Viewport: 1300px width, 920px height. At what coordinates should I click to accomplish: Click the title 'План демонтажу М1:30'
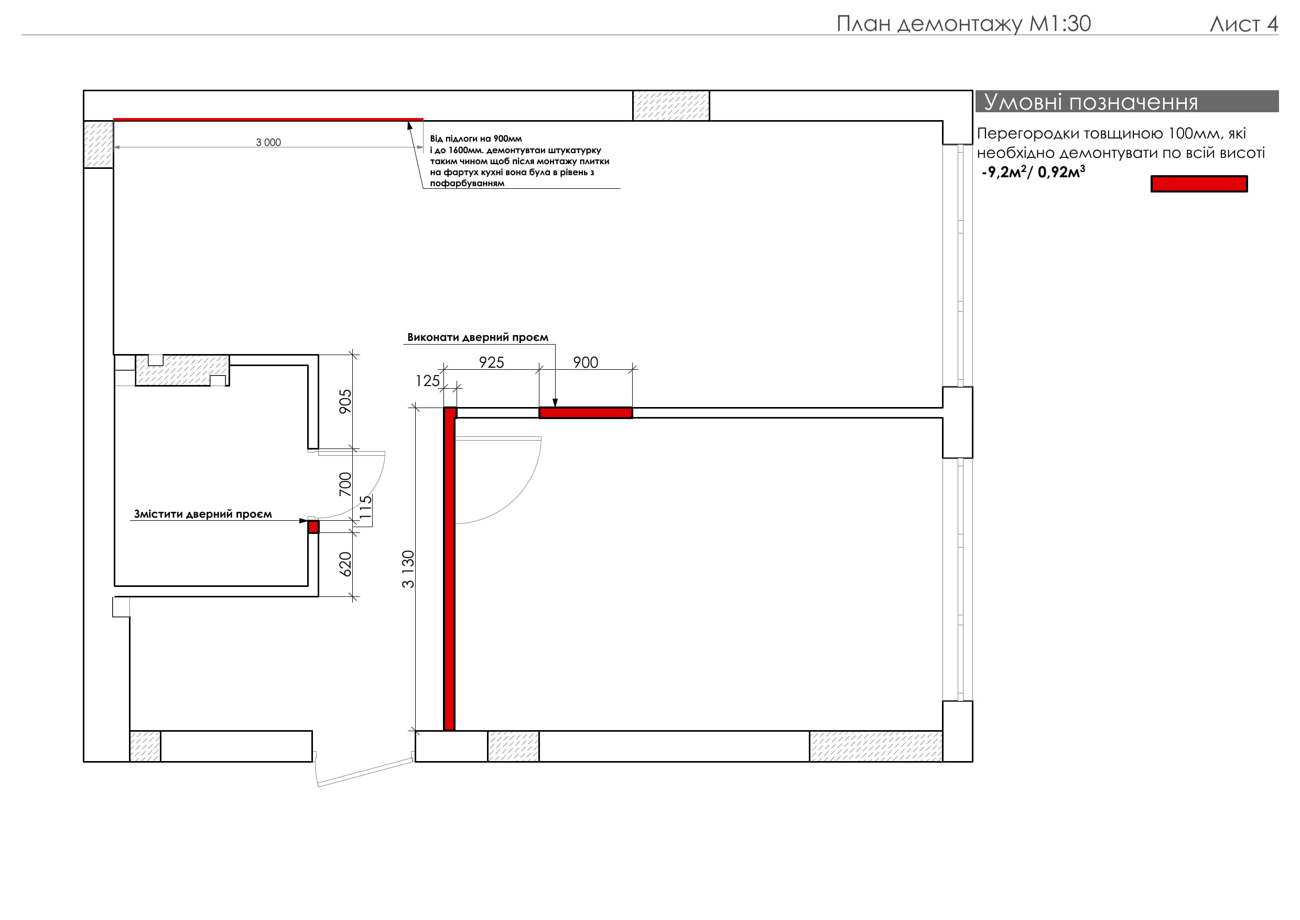click(x=963, y=24)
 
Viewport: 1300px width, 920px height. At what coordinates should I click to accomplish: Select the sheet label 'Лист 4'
click(x=1244, y=24)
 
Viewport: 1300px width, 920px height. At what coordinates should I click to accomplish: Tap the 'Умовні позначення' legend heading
click(x=1091, y=102)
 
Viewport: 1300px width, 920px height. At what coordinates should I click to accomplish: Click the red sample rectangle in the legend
click(x=1199, y=184)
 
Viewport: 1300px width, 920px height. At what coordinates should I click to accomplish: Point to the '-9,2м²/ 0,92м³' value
click(x=1033, y=172)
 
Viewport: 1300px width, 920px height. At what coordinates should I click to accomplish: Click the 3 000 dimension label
click(x=268, y=142)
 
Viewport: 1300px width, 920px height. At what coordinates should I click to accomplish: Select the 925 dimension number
click(x=492, y=362)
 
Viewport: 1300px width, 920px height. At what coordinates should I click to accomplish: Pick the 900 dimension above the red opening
click(x=586, y=362)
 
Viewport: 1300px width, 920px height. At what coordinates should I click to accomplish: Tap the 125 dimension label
click(x=428, y=381)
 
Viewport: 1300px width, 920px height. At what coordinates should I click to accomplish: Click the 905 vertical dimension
click(x=345, y=401)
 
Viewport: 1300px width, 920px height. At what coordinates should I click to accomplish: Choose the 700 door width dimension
click(x=345, y=484)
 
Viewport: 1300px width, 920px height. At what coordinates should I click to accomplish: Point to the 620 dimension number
click(x=345, y=564)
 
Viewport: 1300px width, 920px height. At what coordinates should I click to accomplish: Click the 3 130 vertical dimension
click(x=408, y=569)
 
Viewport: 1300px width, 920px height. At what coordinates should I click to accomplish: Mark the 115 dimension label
click(x=366, y=508)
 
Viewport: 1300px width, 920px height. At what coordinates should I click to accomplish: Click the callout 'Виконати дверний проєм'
click(x=478, y=337)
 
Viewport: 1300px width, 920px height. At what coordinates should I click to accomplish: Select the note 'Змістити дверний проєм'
click(x=203, y=514)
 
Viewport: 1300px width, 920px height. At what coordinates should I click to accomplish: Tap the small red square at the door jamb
click(x=313, y=527)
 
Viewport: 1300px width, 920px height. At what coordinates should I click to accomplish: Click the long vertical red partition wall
click(x=450, y=569)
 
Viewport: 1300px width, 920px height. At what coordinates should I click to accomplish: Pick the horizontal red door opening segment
click(x=586, y=413)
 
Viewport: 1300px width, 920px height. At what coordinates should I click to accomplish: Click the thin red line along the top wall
click(x=268, y=120)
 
